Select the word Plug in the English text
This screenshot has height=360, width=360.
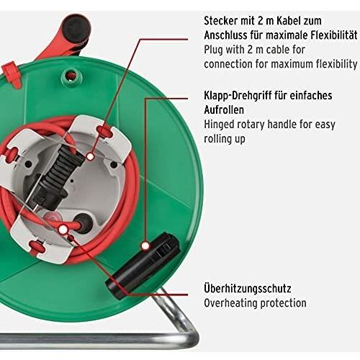click(213, 50)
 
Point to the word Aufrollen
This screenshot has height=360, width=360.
click(224, 110)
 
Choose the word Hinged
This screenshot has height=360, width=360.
click(219, 125)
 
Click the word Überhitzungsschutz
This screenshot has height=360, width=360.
click(248, 289)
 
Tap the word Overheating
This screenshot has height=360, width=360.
click(230, 303)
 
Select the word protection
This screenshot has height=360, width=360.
click(283, 303)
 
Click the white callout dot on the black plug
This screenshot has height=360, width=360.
click(90, 157)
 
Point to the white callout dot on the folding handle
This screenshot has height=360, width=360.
click(145, 246)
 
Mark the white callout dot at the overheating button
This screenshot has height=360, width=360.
click(63, 230)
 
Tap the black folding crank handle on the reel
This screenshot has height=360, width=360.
click(143, 265)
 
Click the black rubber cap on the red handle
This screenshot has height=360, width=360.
click(76, 27)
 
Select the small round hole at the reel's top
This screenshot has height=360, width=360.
click(71, 76)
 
